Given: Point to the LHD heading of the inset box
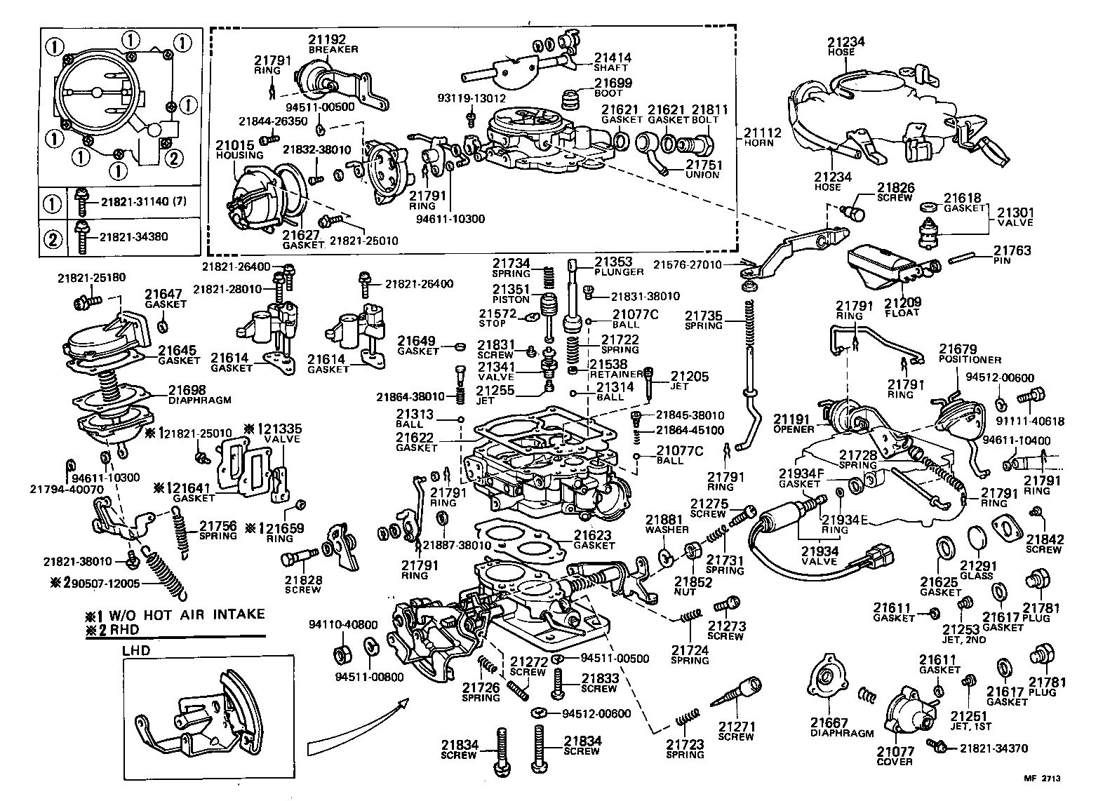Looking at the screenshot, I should click(x=136, y=650).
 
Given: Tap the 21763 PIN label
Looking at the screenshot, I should click(x=1012, y=255).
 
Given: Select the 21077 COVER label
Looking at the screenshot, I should click(x=895, y=756).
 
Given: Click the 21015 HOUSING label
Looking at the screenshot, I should click(x=239, y=149).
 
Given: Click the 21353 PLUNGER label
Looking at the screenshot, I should click(x=618, y=266).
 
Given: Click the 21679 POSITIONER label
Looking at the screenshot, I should click(x=970, y=354).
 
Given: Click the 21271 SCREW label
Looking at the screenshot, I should click(x=736, y=731).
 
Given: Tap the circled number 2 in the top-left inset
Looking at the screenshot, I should click(x=173, y=157).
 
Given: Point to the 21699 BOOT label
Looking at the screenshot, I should click(x=613, y=87).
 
